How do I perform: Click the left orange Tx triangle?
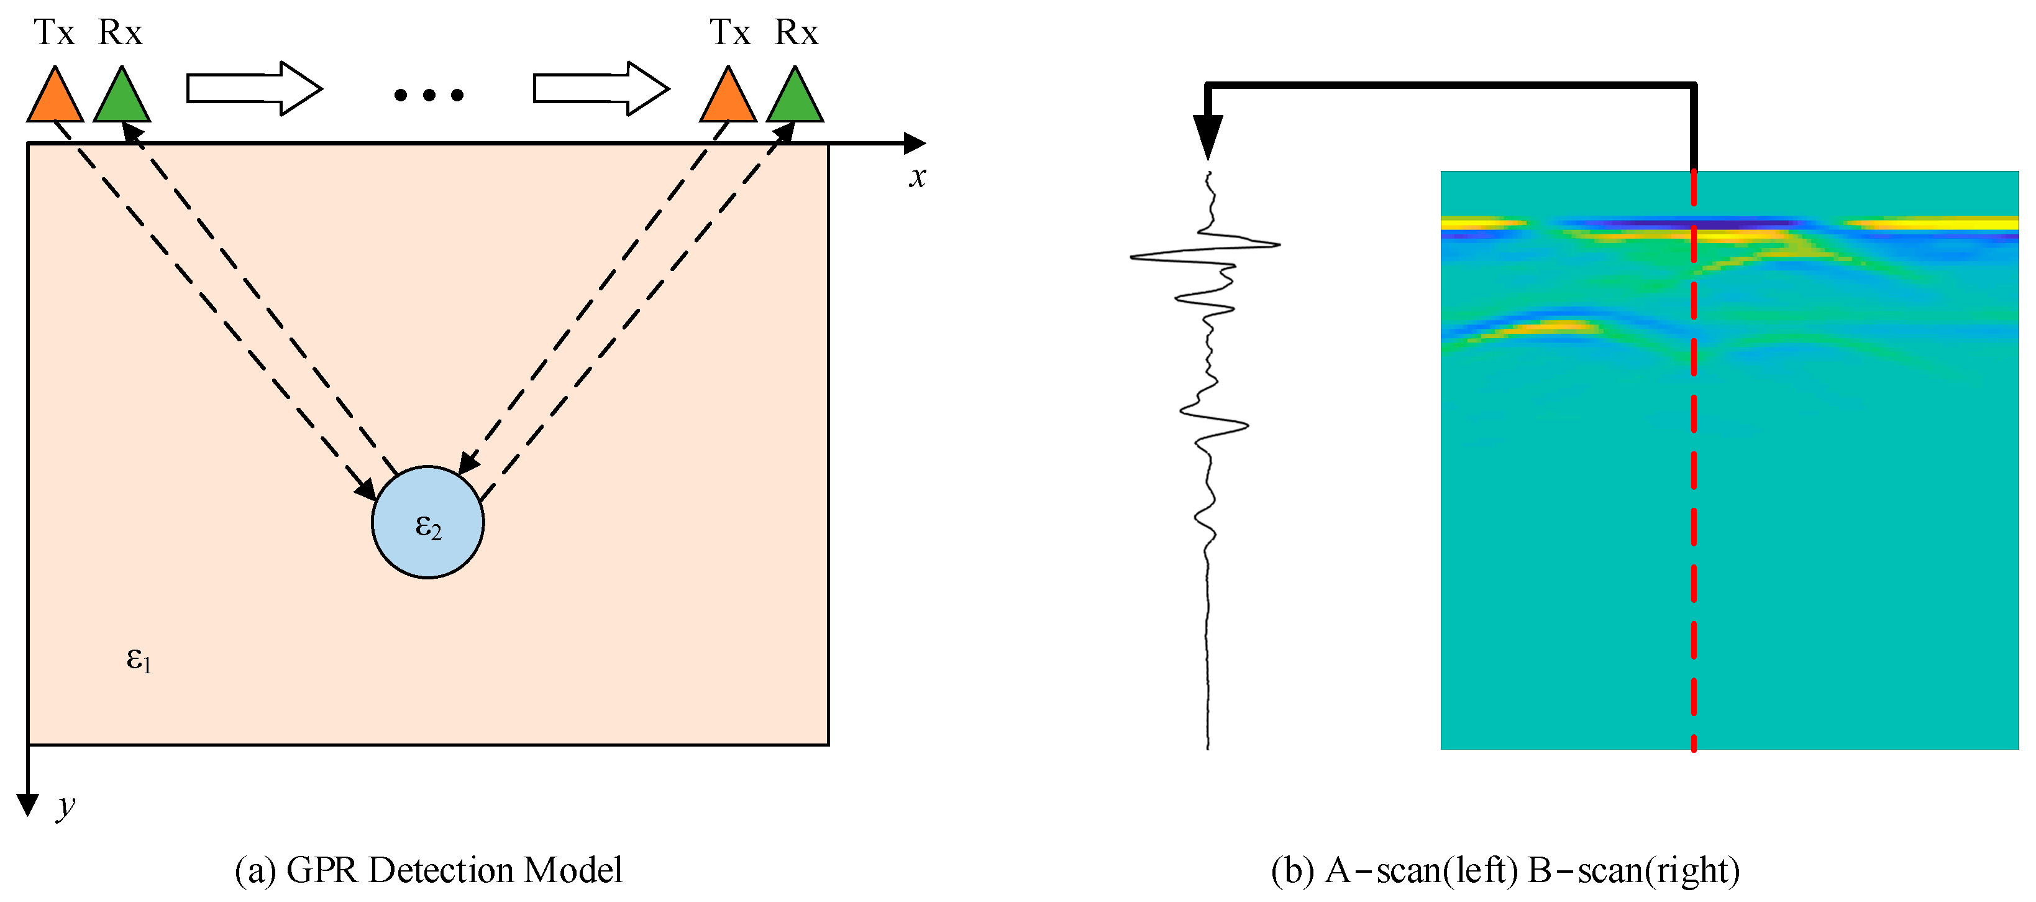55,99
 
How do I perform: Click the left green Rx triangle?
122,99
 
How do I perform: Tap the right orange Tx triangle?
728,99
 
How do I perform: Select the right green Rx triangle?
795,99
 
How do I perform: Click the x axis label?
917,177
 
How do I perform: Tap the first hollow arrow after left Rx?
253,88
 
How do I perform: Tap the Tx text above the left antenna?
54,33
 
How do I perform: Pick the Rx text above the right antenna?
796,33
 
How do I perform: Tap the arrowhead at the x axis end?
915,144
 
